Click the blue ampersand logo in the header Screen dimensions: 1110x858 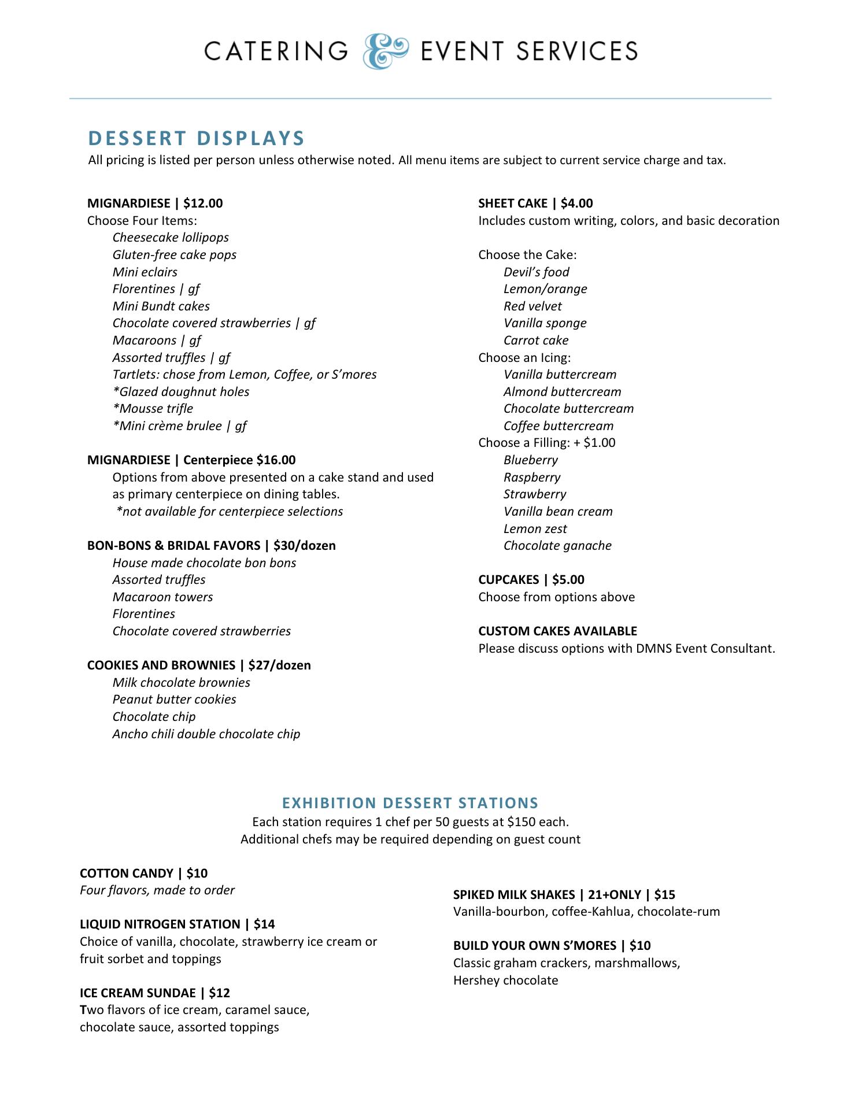pyautogui.click(x=386, y=51)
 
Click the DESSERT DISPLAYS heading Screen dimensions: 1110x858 pyautogui.click(x=197, y=139)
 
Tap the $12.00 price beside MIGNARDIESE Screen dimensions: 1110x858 pyautogui.click(x=203, y=203)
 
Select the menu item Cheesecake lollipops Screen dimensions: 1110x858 pyautogui.click(x=171, y=238)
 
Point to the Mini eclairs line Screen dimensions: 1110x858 pyautogui.click(x=145, y=272)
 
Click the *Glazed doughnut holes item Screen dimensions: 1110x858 pyautogui.click(x=181, y=392)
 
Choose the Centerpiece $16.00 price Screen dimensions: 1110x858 pyautogui.click(x=239, y=460)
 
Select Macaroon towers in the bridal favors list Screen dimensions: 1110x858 pyautogui.click(x=162, y=597)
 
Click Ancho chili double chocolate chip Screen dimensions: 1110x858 pyautogui.click(x=206, y=734)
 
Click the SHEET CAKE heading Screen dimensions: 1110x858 pyautogui.click(x=513, y=203)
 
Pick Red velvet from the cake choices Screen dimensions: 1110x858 pyautogui.click(x=532, y=306)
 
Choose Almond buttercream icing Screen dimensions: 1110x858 pyautogui.click(x=562, y=392)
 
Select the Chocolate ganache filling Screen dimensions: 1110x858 pyautogui.click(x=557, y=546)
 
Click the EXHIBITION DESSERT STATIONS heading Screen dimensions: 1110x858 pyautogui.click(x=410, y=803)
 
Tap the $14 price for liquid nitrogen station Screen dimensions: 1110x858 pyautogui.click(x=264, y=924)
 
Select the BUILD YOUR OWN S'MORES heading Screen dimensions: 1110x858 pyautogui.click(x=535, y=946)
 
